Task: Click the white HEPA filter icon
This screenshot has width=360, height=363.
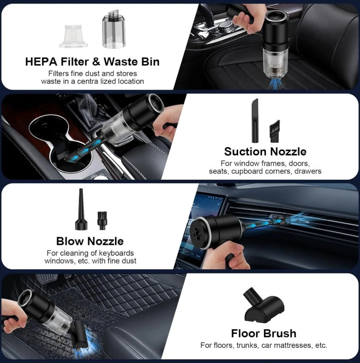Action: (x=73, y=36)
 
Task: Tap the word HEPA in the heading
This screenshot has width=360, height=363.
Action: (x=41, y=61)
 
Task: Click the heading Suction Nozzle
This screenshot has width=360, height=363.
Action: (x=265, y=151)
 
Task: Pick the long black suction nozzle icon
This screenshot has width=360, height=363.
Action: (x=255, y=121)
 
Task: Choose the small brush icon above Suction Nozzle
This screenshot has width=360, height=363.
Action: (x=275, y=131)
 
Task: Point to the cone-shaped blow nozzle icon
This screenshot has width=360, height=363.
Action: (x=81, y=209)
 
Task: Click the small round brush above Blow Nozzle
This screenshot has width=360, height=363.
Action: (x=102, y=220)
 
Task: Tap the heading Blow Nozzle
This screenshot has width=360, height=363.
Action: (x=90, y=241)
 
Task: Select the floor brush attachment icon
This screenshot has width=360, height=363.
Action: (x=264, y=306)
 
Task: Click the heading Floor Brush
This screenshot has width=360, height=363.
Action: (x=264, y=333)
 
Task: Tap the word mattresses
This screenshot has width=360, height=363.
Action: (x=292, y=345)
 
